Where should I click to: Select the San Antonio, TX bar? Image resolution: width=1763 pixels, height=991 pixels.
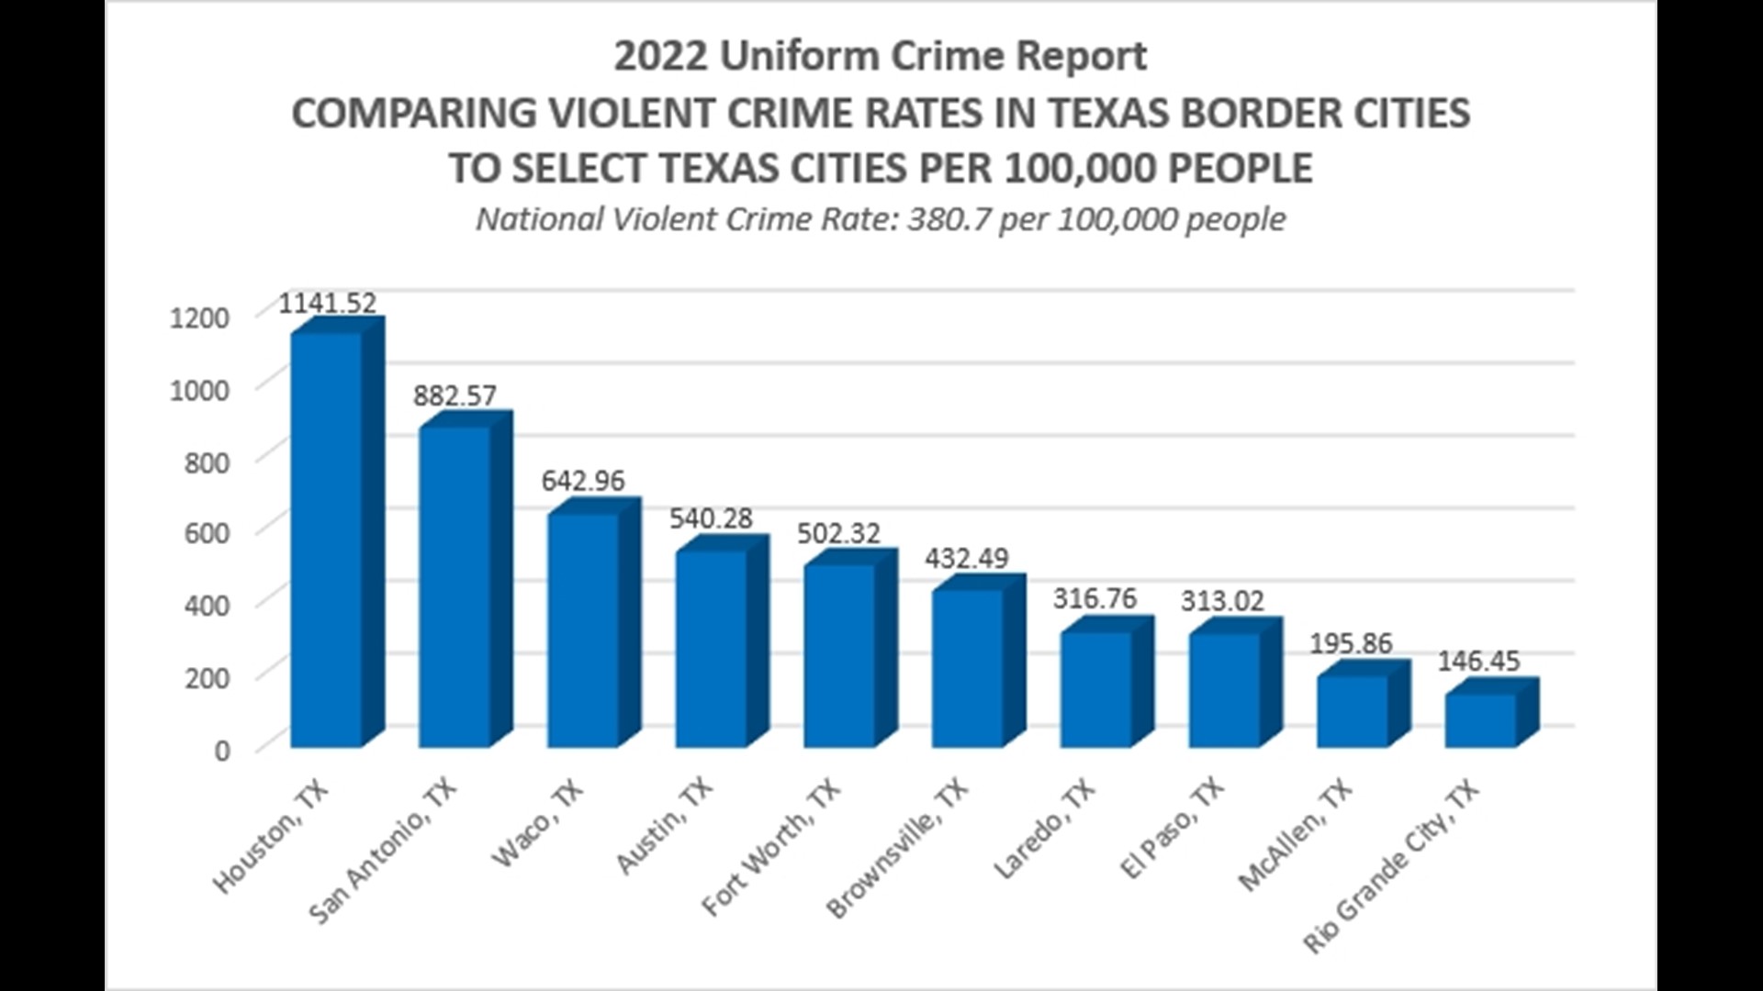coord(456,587)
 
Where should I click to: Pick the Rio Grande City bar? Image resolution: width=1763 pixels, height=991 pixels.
coord(1481,720)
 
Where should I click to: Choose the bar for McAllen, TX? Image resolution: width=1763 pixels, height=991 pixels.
coord(1353,711)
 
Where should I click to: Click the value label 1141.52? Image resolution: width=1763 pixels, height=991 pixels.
coord(328,303)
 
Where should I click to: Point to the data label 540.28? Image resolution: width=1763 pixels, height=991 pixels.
coord(711,518)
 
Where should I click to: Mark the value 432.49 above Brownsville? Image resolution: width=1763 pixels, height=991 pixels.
coord(966,558)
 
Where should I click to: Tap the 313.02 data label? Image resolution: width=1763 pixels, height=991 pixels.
coord(1222,601)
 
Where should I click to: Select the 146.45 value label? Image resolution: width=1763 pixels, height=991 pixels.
coord(1478,661)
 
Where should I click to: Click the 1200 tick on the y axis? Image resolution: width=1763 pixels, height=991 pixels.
coord(199,318)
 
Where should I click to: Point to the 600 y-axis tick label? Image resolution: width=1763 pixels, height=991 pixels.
coord(207,533)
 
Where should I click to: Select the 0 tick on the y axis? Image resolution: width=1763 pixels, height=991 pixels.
coord(222,751)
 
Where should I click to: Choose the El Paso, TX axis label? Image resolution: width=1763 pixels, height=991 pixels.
coord(1173,829)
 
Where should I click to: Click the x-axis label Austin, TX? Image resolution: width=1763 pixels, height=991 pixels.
coord(664,827)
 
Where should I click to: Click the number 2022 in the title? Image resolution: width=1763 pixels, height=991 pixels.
coord(660,56)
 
